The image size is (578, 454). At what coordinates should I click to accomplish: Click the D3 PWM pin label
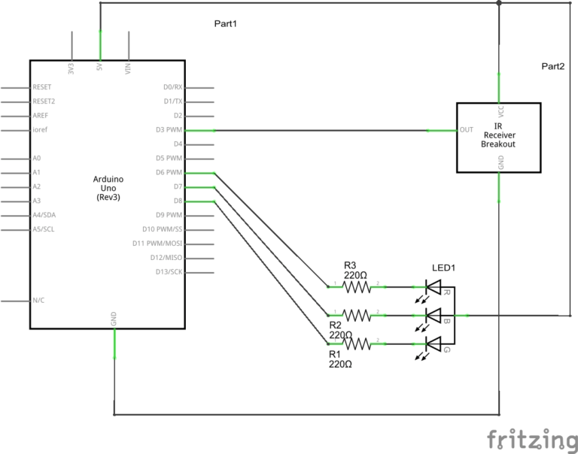[x=169, y=130]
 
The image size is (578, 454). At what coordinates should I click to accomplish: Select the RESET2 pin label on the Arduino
[x=44, y=101]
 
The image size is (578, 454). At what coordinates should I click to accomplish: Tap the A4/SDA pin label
[x=43, y=215]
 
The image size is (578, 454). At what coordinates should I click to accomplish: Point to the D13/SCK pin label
[x=168, y=271]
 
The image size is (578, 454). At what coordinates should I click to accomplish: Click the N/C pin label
[x=39, y=300]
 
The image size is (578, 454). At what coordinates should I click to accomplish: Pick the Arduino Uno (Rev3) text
[x=108, y=187]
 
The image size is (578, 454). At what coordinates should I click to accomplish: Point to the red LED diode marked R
[x=433, y=286]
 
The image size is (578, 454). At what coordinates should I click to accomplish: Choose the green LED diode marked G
[x=433, y=344]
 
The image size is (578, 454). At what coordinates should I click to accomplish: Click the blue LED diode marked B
[x=433, y=315]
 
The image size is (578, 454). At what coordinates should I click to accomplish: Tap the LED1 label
[x=444, y=268]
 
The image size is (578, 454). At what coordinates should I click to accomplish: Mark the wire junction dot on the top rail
[x=499, y=3]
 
